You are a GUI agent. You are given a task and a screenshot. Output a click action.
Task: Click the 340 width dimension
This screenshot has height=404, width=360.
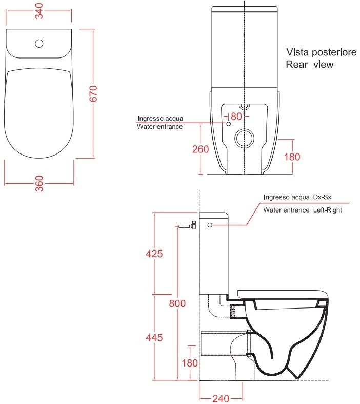click(x=39, y=11)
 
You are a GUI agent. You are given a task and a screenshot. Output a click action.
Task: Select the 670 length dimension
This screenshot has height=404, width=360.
click(x=93, y=94)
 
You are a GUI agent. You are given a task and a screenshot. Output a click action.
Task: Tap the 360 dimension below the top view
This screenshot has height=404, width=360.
click(x=39, y=183)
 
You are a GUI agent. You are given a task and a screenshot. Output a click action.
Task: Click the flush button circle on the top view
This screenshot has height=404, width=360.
click(x=39, y=44)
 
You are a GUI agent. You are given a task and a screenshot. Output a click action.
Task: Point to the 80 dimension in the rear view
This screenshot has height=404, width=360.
click(x=236, y=117)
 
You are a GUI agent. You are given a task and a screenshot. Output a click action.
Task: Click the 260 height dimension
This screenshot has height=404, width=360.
click(x=201, y=149)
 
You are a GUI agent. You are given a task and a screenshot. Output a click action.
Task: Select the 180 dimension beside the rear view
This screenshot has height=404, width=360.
click(x=292, y=157)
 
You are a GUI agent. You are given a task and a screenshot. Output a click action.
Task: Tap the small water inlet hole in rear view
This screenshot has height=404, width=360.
click(x=228, y=124)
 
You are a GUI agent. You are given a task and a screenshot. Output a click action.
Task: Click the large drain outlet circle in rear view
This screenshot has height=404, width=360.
click(x=244, y=138)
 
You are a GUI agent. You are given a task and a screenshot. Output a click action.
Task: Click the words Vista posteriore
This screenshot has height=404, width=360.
click(x=322, y=52)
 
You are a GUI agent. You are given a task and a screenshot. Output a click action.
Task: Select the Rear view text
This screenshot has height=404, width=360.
click(x=310, y=64)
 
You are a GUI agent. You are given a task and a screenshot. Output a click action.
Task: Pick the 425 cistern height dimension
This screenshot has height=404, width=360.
click(x=154, y=254)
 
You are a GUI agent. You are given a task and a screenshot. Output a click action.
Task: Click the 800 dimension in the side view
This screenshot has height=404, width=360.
click(x=177, y=303)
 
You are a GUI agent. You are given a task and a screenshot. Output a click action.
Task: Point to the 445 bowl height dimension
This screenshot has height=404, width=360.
click(x=154, y=338)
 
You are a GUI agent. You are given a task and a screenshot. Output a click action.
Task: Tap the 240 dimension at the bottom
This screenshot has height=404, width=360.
click(x=221, y=399)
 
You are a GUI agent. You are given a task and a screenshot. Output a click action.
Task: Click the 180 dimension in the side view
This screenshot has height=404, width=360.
click(x=190, y=363)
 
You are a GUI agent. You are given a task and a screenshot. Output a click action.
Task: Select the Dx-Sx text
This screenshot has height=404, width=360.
click(x=322, y=197)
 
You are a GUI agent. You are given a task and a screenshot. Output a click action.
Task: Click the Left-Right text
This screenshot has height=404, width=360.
click(x=327, y=210)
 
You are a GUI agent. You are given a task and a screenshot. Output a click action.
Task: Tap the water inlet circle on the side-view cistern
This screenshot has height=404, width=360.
click(x=210, y=225)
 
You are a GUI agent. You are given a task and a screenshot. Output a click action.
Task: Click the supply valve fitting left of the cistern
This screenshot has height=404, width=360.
click(x=188, y=225)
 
